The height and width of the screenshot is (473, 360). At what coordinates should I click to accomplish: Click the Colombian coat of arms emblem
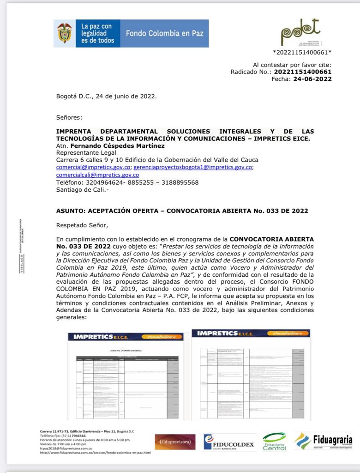(65, 33)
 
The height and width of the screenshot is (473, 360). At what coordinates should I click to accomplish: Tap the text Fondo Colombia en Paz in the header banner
(164, 33)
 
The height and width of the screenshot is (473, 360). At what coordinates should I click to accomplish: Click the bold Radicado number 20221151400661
(302, 72)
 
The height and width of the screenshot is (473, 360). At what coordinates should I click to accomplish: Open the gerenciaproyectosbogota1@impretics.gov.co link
(192, 167)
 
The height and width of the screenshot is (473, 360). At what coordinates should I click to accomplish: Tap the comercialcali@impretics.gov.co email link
(97, 175)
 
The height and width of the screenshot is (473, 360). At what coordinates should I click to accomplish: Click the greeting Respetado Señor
(82, 225)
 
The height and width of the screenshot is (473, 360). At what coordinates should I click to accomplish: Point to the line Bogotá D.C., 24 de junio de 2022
(106, 96)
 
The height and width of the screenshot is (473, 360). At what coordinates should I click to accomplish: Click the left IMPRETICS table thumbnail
(126, 376)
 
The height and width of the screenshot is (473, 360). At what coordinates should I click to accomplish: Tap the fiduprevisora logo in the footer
(175, 442)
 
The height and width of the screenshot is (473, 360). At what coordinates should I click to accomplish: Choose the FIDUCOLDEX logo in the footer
(229, 442)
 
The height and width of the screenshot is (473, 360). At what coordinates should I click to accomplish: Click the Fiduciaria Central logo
(274, 442)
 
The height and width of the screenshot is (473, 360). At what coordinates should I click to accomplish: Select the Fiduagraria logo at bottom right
(324, 441)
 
